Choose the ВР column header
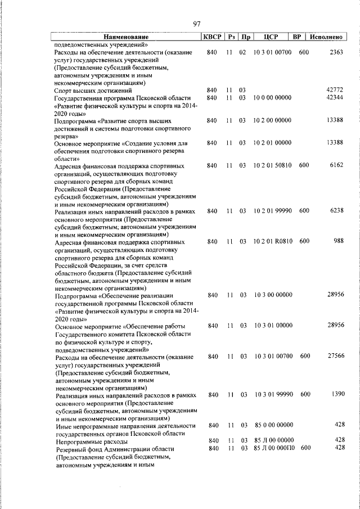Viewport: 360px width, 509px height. pyautogui.click(x=298, y=37)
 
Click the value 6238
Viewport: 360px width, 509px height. pyautogui.click(x=336, y=211)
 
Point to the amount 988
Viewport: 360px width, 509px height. pyautogui.click(x=338, y=241)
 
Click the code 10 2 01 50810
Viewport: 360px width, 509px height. pyautogui.click(x=273, y=165)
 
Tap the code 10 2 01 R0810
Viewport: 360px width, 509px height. pyautogui.click(x=273, y=241)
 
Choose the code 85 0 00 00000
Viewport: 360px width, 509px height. pyautogui.click(x=273, y=425)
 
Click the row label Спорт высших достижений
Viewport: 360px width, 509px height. pyautogui.click(x=93, y=90)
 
